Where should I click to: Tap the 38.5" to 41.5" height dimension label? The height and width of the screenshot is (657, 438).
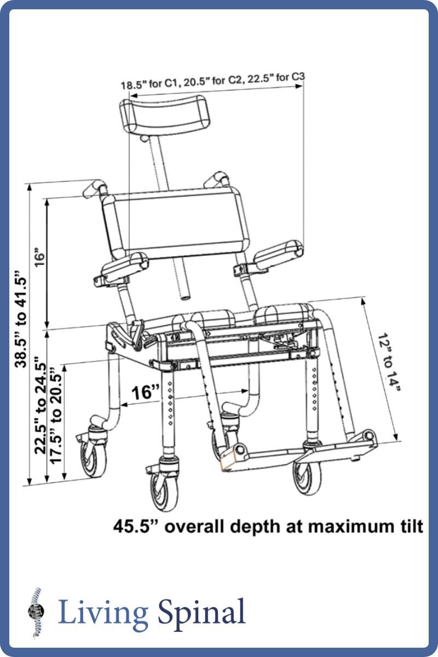[x=22, y=320]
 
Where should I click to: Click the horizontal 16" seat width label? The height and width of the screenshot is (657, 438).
[x=145, y=393]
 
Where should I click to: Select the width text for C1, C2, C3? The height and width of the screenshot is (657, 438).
[x=212, y=82]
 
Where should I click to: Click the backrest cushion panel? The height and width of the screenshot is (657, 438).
[x=175, y=222]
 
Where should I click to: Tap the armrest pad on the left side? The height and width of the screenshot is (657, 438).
[x=123, y=266]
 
